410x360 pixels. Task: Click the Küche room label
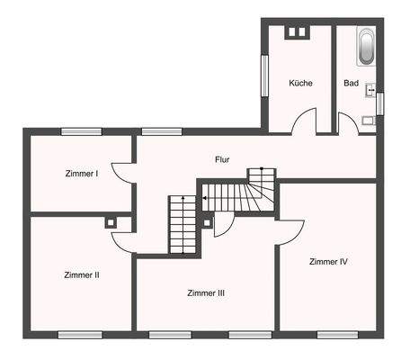(x=300, y=84)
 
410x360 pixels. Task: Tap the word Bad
(x=351, y=84)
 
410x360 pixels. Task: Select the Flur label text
(x=221, y=159)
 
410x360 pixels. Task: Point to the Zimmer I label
(x=82, y=173)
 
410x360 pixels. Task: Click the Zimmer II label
(x=82, y=274)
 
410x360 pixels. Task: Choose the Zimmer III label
(x=206, y=293)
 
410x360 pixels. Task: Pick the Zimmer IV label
(x=328, y=262)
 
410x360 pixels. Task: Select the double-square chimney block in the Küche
(x=295, y=33)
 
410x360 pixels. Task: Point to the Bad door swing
(x=347, y=121)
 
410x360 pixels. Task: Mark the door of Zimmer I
(x=122, y=171)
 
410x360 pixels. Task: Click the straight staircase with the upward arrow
(x=181, y=225)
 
